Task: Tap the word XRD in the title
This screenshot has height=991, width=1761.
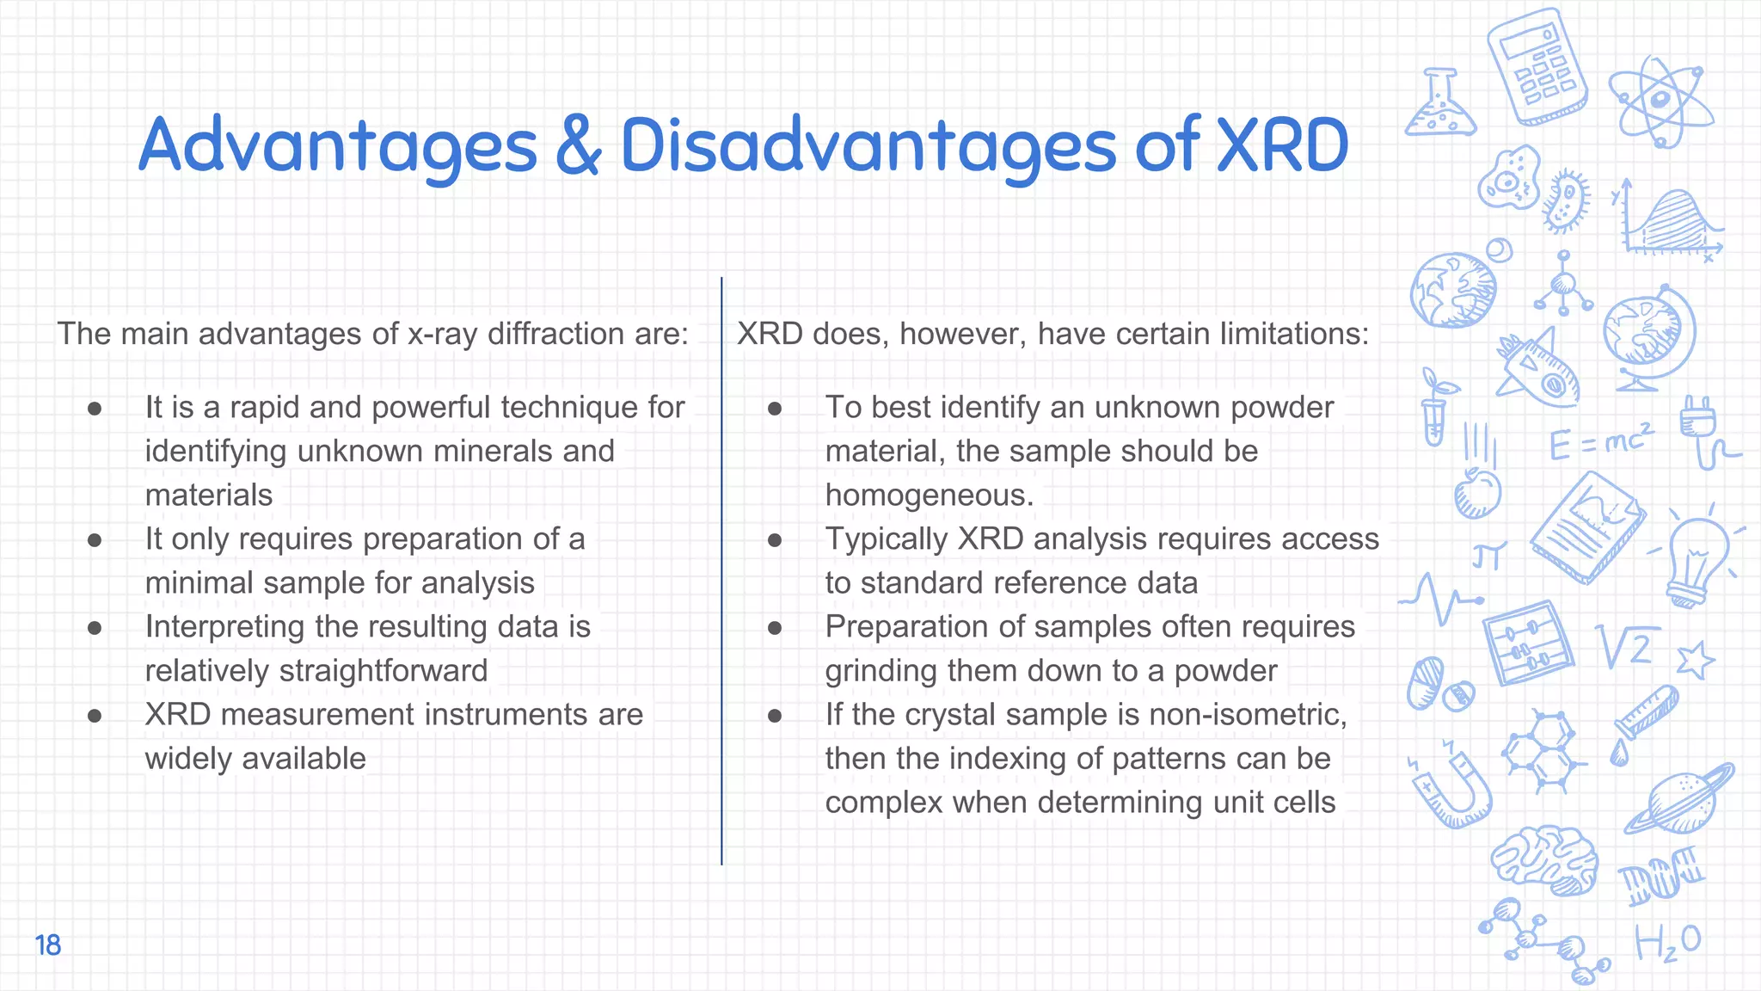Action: [1282, 146]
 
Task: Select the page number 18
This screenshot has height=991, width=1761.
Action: [48, 945]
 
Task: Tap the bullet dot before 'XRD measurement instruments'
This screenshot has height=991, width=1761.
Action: [95, 716]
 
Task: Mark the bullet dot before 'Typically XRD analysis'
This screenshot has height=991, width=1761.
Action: [775, 540]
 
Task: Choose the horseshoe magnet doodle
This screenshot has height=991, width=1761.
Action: [1452, 788]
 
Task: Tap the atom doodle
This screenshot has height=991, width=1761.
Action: [1660, 102]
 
